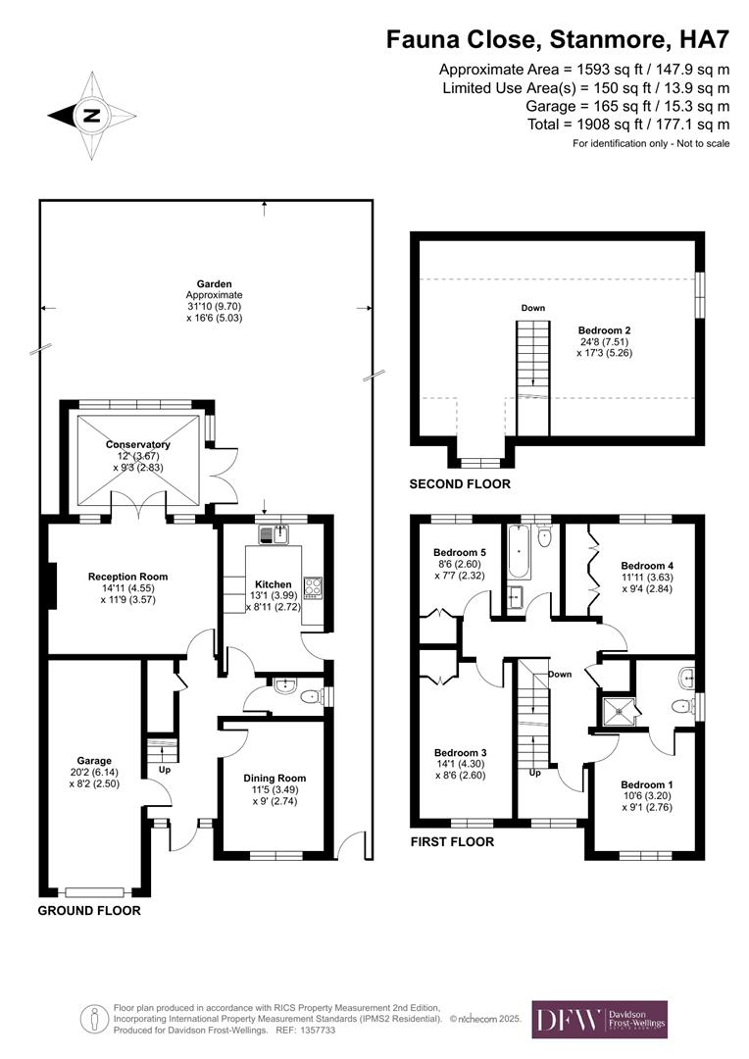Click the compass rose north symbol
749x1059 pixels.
coord(91,115)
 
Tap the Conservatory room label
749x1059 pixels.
coord(138,444)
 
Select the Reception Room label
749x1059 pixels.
coord(127,577)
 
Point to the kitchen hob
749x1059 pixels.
coord(314,586)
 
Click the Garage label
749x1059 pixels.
coord(95,760)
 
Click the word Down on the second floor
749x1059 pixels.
coord(532,308)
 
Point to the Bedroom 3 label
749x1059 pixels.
coord(460,752)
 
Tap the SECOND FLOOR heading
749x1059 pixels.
coord(460,484)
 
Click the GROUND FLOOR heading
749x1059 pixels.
coord(89,910)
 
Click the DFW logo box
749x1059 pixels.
coord(599,1019)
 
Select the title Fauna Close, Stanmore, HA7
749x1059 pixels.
coord(558,39)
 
